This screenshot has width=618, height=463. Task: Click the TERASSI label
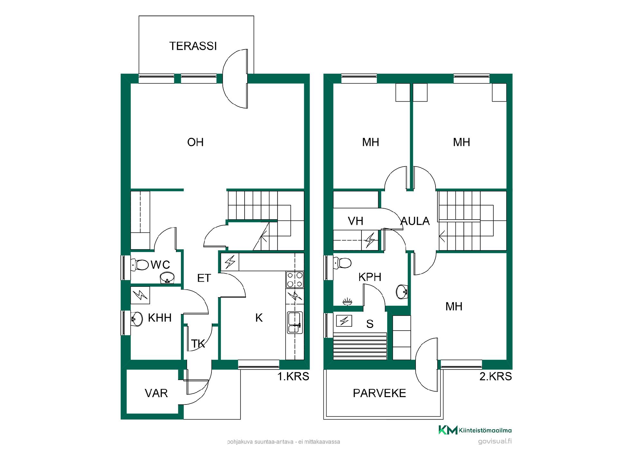(x=193, y=46)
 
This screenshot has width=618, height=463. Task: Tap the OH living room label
(x=195, y=142)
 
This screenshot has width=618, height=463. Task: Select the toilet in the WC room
(x=140, y=265)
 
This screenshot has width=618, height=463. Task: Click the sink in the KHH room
(x=137, y=319)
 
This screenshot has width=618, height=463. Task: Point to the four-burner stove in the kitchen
(x=295, y=280)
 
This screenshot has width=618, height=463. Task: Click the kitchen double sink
(x=295, y=322)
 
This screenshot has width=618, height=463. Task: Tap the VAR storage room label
(x=156, y=393)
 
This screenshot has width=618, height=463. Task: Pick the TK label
(x=198, y=344)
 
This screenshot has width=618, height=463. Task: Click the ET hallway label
(x=204, y=278)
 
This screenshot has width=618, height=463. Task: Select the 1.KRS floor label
(x=293, y=376)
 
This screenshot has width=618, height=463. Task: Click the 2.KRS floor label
(x=496, y=376)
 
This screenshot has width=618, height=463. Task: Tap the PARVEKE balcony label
(x=379, y=393)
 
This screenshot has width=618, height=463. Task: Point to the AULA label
(x=415, y=221)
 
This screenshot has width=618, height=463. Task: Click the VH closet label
(x=356, y=221)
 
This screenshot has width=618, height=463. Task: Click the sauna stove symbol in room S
(x=344, y=321)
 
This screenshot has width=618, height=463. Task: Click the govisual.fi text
(x=495, y=441)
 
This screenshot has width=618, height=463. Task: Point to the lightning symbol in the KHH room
(x=140, y=295)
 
